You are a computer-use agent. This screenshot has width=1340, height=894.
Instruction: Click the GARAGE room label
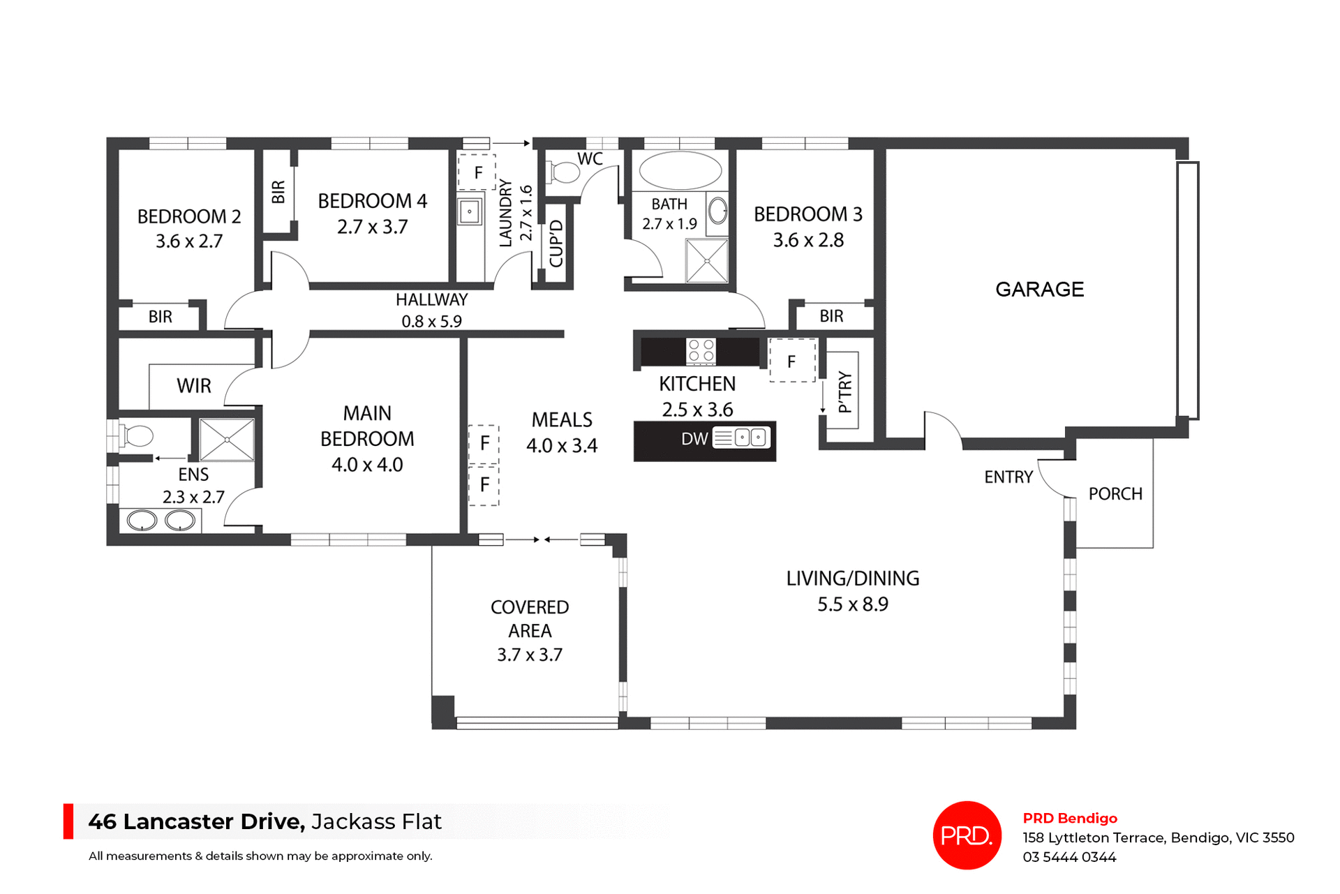(x=1039, y=289)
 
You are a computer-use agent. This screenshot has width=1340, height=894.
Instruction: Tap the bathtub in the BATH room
(x=680, y=171)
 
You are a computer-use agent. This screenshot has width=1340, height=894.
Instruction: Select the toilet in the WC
(x=565, y=172)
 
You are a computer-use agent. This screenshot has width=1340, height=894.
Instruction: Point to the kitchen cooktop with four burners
(x=701, y=350)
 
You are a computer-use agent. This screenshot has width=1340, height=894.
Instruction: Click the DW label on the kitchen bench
(x=694, y=439)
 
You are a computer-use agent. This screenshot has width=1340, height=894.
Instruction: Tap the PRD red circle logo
(x=967, y=835)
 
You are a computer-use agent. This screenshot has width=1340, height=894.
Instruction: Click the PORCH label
(x=1115, y=494)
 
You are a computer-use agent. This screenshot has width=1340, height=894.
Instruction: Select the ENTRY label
(x=1008, y=477)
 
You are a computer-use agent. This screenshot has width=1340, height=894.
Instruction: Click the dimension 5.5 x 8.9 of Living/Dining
(x=853, y=604)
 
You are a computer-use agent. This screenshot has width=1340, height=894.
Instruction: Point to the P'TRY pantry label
(x=845, y=392)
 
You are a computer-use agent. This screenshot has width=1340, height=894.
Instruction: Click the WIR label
(x=193, y=386)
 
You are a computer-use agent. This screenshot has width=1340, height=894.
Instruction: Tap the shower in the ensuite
(x=227, y=440)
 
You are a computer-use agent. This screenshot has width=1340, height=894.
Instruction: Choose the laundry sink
(x=470, y=211)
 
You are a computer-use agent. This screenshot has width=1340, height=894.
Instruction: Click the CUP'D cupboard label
(x=556, y=244)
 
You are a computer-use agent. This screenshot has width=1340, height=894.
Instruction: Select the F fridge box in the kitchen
(x=791, y=361)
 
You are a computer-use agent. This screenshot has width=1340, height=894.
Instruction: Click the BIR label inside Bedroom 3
(x=831, y=316)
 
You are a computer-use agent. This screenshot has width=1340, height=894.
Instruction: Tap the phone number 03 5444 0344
(x=1069, y=857)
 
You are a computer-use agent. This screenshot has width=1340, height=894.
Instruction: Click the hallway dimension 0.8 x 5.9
(x=431, y=322)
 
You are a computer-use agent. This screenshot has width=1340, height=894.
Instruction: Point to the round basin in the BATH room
(x=717, y=210)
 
